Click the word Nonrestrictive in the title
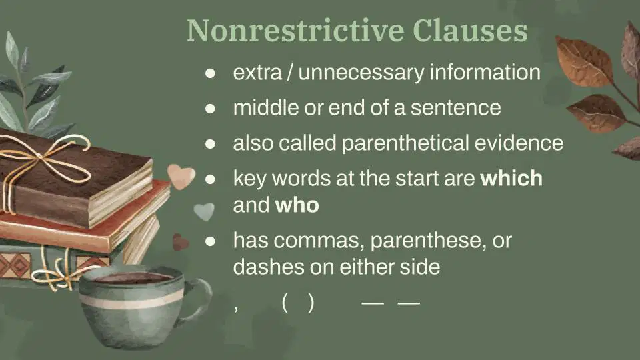[295, 31]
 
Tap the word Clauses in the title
[470, 31]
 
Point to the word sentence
[455, 108]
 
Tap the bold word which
[511, 179]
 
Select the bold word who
[297, 205]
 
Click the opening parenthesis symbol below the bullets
[285, 303]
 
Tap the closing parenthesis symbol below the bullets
[311, 303]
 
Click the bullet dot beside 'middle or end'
[210, 109]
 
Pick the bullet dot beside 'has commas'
[210, 241]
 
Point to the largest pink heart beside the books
[181, 176]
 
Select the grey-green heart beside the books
[204, 211]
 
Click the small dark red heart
[179, 242]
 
